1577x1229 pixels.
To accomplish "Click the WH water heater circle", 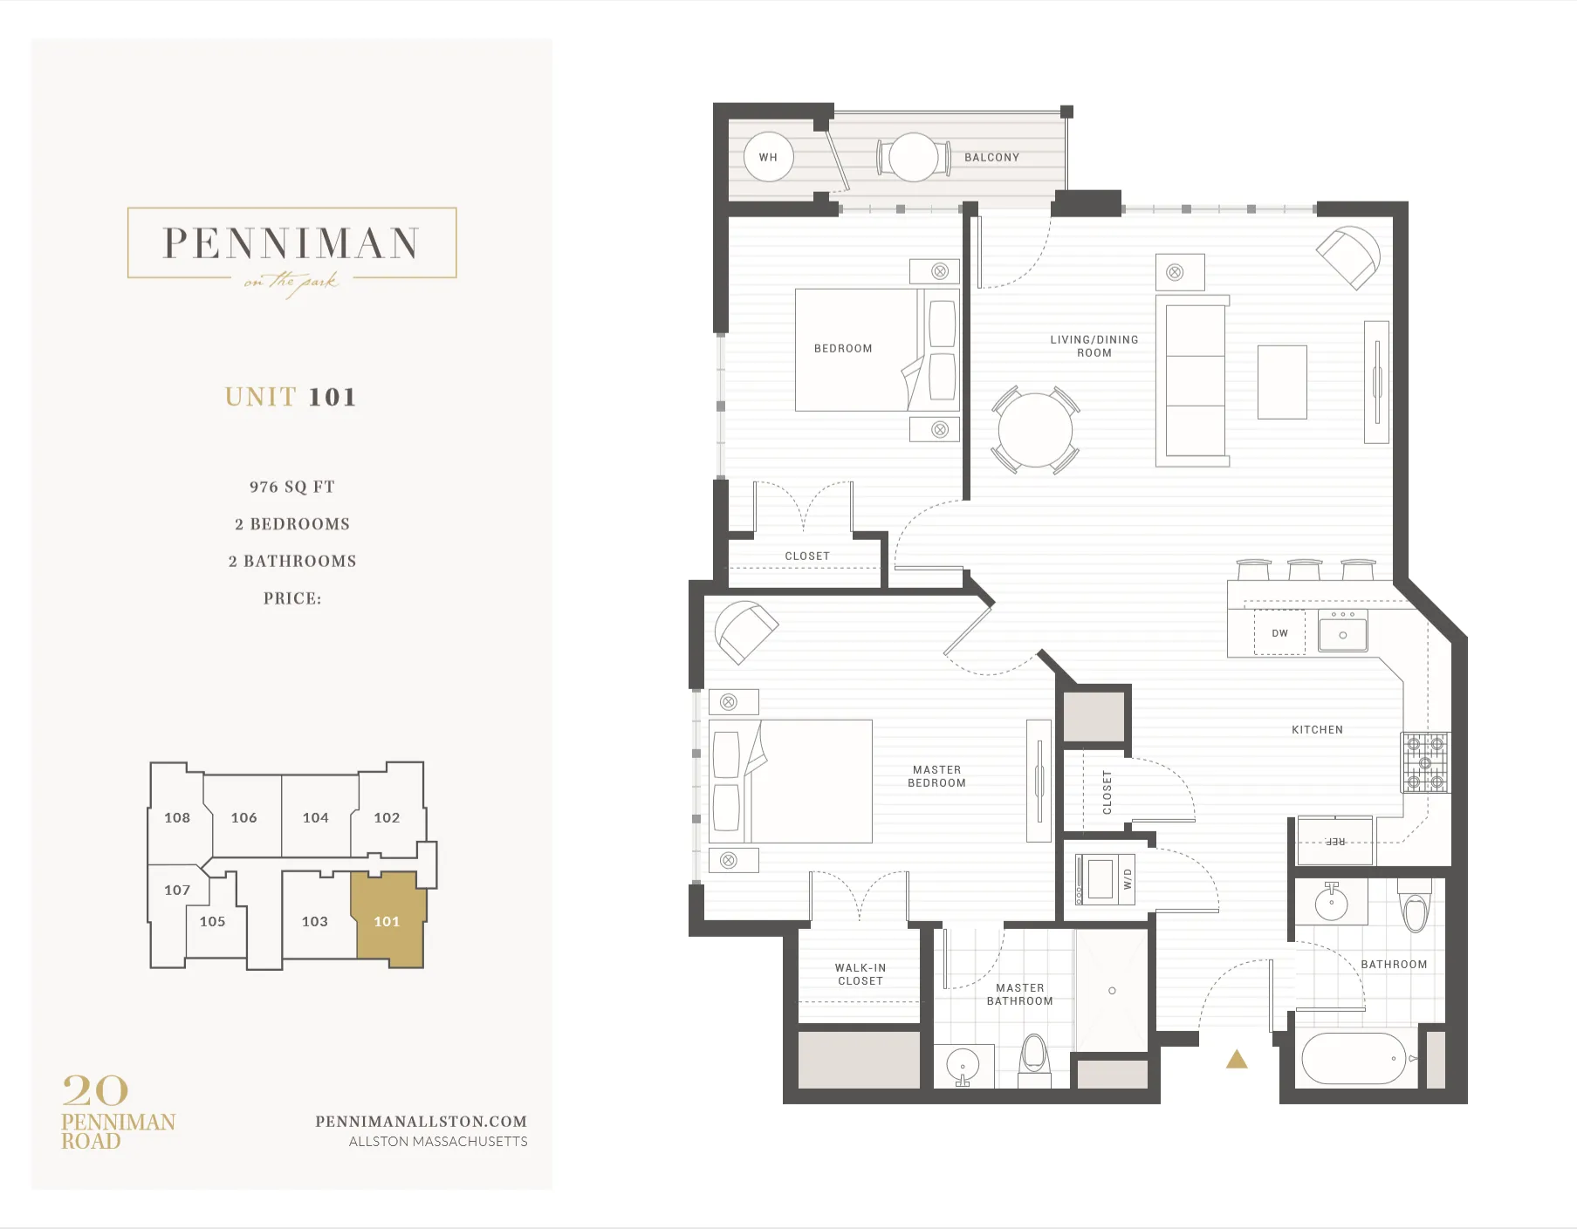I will tap(768, 157).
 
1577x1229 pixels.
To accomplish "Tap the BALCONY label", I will tap(991, 158).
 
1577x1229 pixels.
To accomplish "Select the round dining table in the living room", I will tap(1035, 430).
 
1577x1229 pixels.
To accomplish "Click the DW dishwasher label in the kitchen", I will tap(1279, 633).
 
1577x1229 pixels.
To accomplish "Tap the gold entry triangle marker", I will tap(1237, 1060).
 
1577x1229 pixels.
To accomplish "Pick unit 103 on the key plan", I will tap(315, 922).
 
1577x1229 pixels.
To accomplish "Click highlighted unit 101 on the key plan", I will tap(387, 922).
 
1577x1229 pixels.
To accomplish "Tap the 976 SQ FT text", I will tap(291, 487).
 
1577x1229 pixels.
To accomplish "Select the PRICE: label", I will tap(292, 598).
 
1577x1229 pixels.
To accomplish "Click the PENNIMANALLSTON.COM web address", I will tap(421, 1122).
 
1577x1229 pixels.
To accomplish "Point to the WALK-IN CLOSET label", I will tap(860, 974).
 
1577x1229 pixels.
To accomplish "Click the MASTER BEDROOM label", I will tap(936, 776).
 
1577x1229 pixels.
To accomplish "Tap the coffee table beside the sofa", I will tap(1282, 382).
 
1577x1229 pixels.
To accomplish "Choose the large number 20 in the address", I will tap(95, 1090).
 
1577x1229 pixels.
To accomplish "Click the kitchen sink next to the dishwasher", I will tap(1342, 632).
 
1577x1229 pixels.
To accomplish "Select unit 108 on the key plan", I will tap(177, 818).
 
